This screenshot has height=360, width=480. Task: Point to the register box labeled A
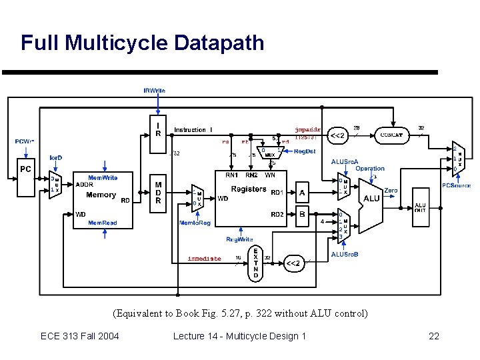point(302,194)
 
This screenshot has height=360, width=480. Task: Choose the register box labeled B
point(302,215)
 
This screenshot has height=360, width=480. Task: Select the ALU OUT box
point(421,207)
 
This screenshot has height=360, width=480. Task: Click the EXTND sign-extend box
point(255,262)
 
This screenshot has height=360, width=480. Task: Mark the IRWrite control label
point(155,90)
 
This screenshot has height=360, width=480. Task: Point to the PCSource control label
point(457,185)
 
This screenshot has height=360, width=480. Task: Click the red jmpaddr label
point(307,129)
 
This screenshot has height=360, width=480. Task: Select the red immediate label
point(204,259)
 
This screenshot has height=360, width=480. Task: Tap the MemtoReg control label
point(195,223)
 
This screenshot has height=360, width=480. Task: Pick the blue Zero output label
point(391,190)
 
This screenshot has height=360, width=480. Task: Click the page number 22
point(433,336)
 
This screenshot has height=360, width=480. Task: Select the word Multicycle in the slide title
point(116,43)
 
